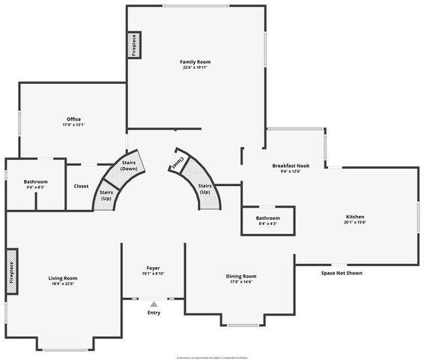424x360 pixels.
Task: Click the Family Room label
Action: (x=194, y=61)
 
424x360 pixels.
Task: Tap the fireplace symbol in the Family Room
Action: (x=134, y=45)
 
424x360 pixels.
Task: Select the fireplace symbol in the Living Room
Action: (x=12, y=266)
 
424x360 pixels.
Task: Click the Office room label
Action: (x=73, y=119)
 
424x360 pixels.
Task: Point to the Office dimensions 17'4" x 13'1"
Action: (x=73, y=125)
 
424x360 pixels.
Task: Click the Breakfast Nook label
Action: (x=291, y=166)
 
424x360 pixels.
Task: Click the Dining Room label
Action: (x=241, y=276)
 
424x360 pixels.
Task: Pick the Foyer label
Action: (x=153, y=268)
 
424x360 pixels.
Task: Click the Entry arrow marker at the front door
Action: (x=154, y=303)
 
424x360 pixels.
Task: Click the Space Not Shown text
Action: (x=342, y=273)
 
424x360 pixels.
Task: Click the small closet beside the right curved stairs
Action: (x=178, y=161)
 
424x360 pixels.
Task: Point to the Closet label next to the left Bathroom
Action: (x=81, y=186)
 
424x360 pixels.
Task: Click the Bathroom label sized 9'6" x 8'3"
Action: (x=35, y=181)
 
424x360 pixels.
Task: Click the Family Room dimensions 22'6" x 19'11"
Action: (x=194, y=67)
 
